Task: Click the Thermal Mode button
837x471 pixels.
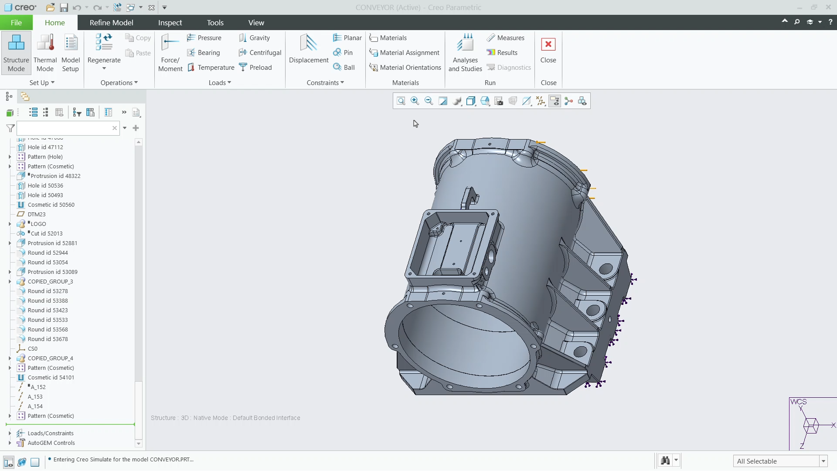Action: (x=45, y=53)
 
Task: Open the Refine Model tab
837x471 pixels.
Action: (x=111, y=23)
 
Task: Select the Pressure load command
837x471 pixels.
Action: (x=204, y=38)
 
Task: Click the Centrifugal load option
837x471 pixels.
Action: (x=260, y=53)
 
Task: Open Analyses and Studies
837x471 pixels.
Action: (x=465, y=53)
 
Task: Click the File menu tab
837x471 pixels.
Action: (x=16, y=23)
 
